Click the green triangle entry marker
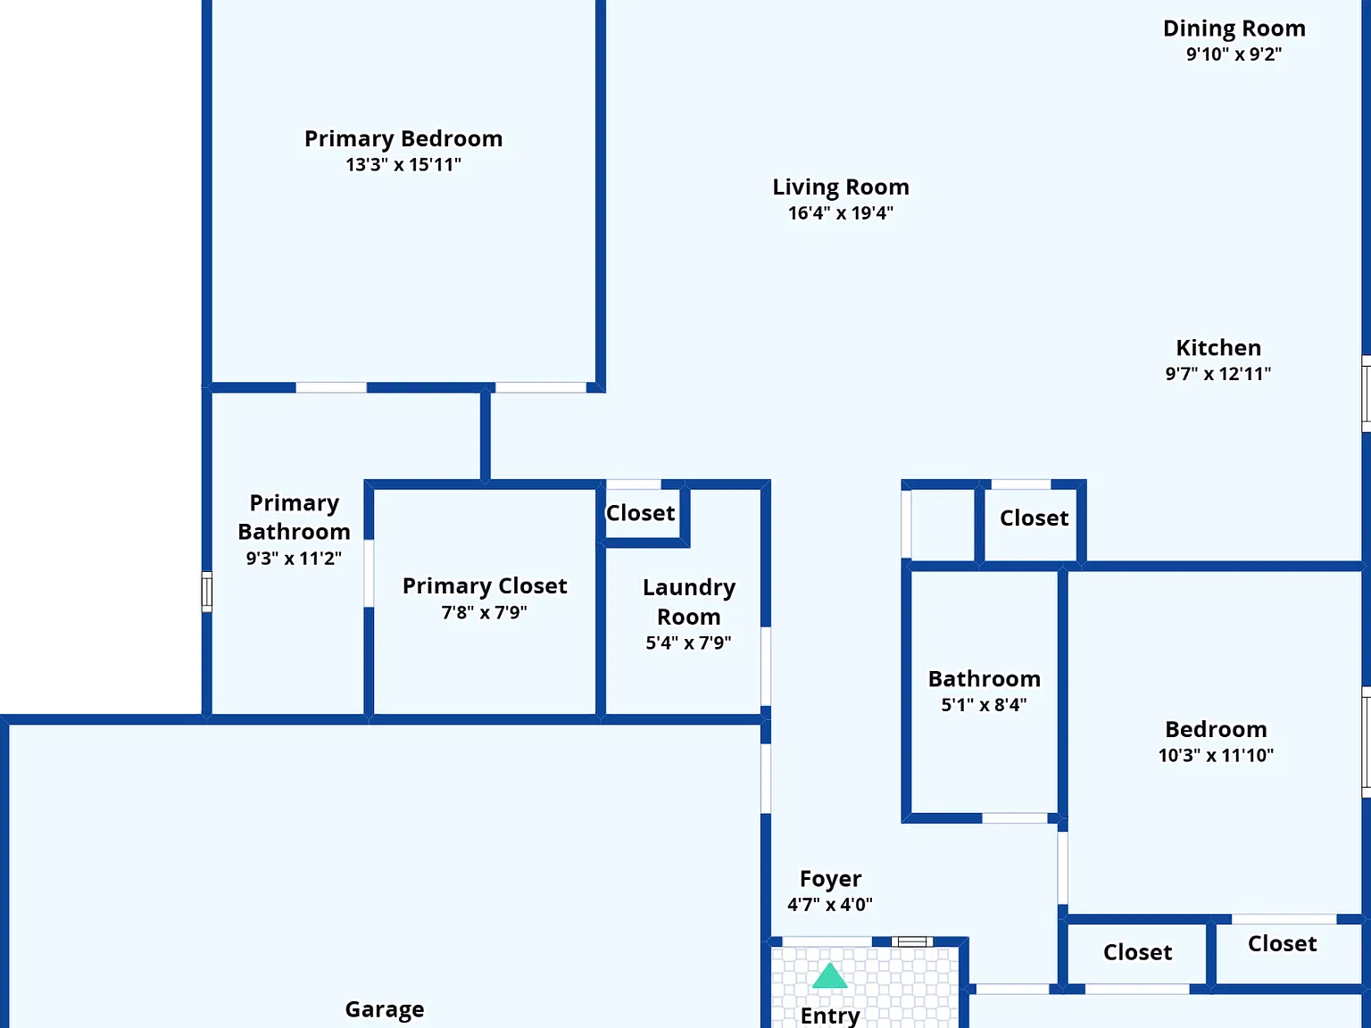(829, 976)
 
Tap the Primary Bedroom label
(403, 138)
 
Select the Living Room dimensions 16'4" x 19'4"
(841, 213)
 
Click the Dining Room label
(1234, 29)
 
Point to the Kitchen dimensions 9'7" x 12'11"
(1218, 374)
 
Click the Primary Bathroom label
(295, 517)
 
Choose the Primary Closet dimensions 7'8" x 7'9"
(484, 612)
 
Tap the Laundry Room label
(689, 601)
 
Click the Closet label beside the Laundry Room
(640, 513)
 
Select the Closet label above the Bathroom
(1034, 518)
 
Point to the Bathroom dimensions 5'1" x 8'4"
(984, 705)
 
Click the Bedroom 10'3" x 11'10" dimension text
(1216, 755)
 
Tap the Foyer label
(831, 879)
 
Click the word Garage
(385, 1009)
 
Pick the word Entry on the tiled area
(830, 1016)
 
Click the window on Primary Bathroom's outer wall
(207, 591)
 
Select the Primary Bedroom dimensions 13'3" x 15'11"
(403, 165)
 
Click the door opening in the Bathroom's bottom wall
(1015, 818)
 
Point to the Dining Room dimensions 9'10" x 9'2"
(1234, 54)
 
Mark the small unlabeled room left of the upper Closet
(943, 525)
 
